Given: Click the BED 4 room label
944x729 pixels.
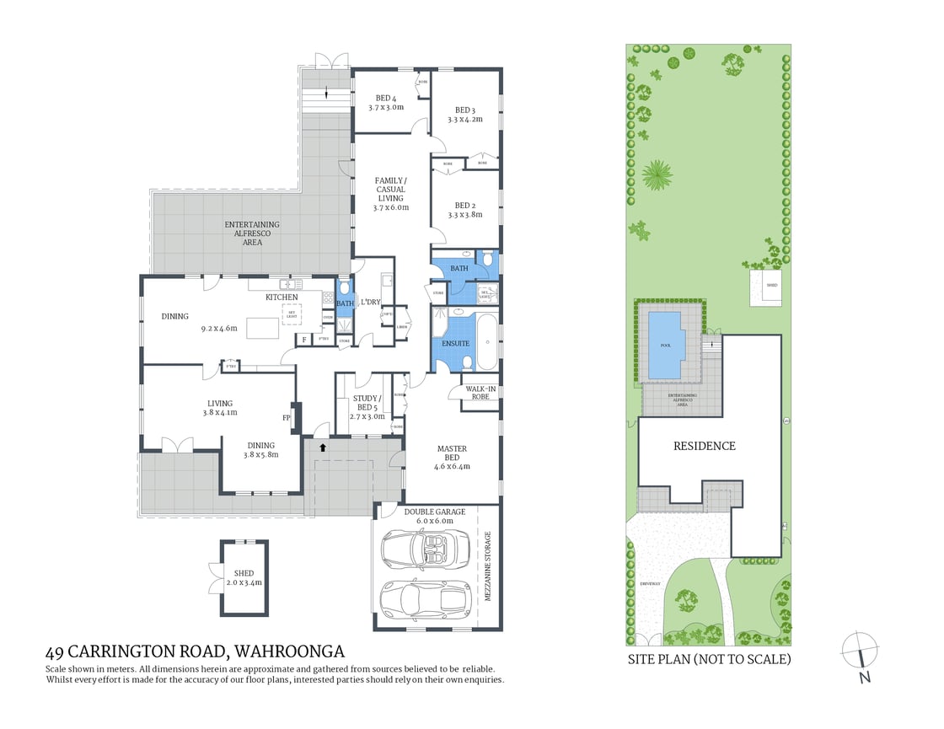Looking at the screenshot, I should click(x=382, y=98).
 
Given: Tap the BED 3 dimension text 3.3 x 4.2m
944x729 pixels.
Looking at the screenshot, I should click(x=464, y=120).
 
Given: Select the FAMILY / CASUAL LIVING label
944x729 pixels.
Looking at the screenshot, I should click(x=391, y=189).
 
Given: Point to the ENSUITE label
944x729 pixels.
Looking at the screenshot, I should click(x=455, y=344).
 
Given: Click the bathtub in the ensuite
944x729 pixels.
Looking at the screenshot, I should click(x=486, y=341).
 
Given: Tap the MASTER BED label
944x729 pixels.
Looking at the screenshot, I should click(x=452, y=453).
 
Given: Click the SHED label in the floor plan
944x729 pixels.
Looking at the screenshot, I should click(x=244, y=574).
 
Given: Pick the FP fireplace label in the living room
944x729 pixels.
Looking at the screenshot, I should click(x=286, y=417).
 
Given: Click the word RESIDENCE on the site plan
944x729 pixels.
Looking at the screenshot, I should click(x=704, y=446).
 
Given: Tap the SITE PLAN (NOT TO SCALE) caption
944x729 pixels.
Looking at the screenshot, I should click(x=709, y=659).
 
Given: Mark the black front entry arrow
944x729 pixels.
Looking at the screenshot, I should click(x=323, y=448).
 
